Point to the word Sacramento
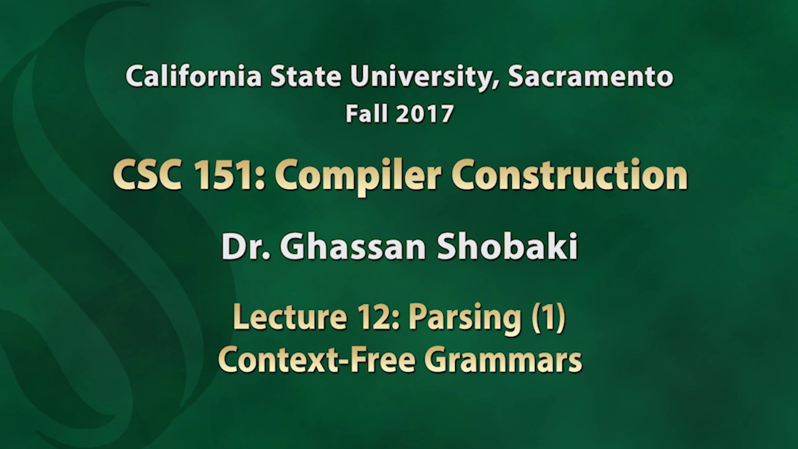(590, 77)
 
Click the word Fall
(368, 114)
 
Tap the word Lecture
(290, 317)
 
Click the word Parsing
(465, 319)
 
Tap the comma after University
(499, 84)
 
